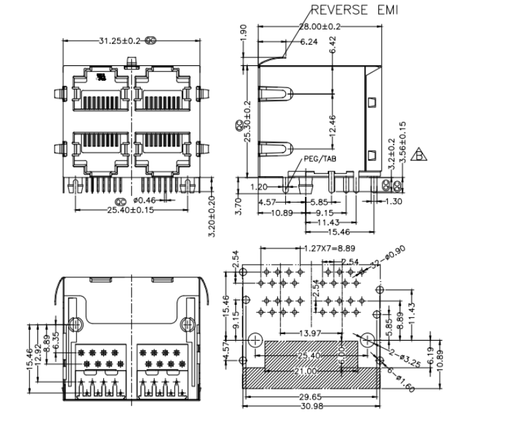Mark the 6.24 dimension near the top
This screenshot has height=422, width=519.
[308, 41]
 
